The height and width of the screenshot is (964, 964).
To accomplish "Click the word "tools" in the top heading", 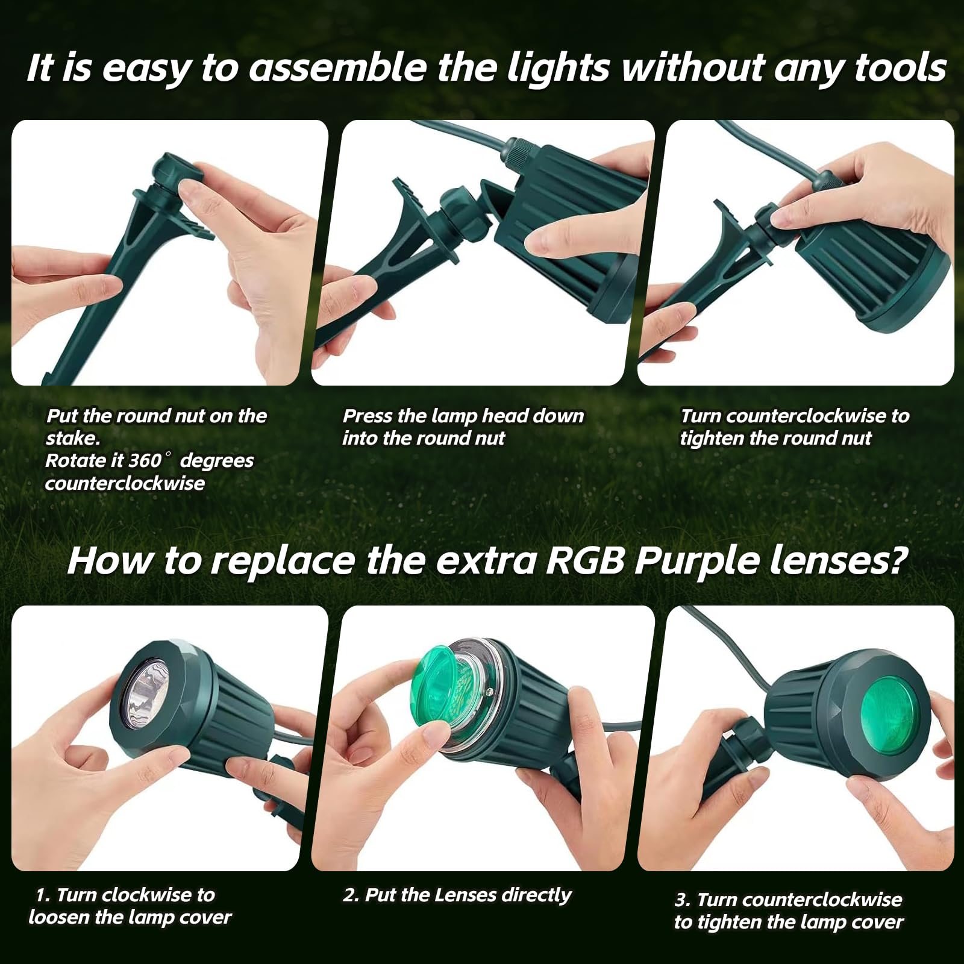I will tap(900, 67).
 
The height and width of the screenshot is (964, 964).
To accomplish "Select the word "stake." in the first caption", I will tap(73, 438).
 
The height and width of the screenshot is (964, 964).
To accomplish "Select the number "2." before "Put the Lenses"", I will tap(351, 895).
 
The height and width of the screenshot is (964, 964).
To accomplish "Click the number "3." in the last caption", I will tap(683, 900).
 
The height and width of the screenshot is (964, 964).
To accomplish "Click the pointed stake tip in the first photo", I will tap(48, 380).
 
